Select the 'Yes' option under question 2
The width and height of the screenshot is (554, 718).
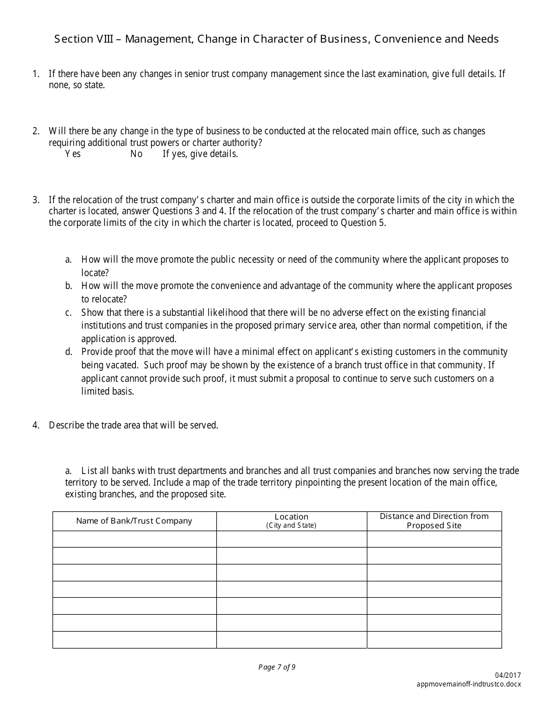[73, 154]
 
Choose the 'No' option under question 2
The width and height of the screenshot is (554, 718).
[136, 154]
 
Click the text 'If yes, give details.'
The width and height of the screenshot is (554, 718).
[200, 154]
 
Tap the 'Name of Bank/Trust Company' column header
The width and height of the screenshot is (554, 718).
[134, 521]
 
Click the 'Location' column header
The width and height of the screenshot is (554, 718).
[292, 517]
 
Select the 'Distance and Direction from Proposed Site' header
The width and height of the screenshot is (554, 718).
[434, 521]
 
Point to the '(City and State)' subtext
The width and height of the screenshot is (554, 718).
[292, 525]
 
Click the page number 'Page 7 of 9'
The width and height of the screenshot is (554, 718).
[277, 667]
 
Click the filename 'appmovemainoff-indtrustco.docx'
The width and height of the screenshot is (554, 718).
[469, 684]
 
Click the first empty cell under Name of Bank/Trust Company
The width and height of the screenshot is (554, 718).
[134, 539]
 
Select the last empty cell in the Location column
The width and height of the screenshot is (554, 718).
[292, 640]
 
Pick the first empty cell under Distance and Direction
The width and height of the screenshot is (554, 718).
[434, 539]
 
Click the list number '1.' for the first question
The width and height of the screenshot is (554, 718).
[36, 74]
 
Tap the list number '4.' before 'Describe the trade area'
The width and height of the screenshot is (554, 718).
[36, 425]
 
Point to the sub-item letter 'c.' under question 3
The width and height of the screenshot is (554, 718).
[68, 312]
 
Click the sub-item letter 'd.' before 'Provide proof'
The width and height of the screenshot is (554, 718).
[68, 351]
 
